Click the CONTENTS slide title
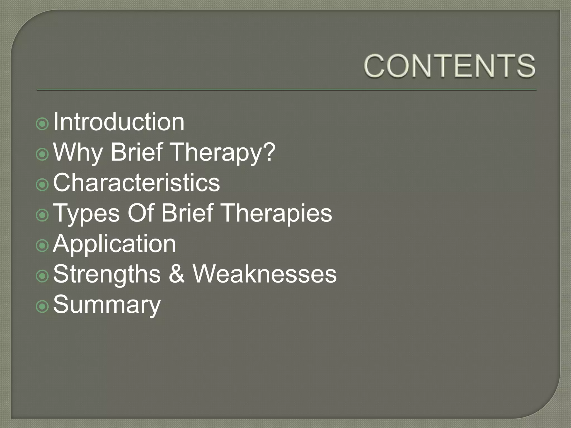pos(449,66)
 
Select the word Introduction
pos(118,122)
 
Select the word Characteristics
pos(136,183)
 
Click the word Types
pos(86,213)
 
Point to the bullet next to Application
pos(42,245)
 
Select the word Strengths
pos(107,274)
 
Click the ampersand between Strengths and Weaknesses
pos(176,274)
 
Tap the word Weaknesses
pos(265,274)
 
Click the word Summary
pos(107,305)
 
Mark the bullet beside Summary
pos(42,307)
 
